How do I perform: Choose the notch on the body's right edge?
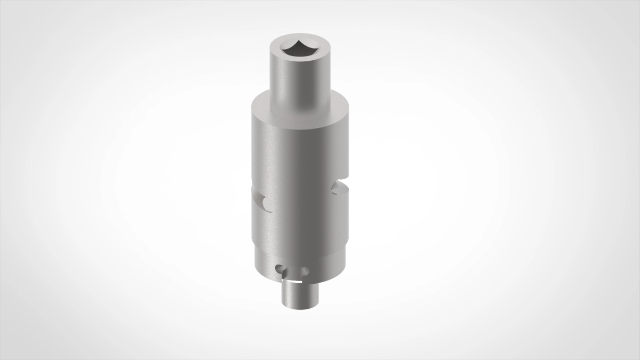339,187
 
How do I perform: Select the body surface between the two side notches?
299,197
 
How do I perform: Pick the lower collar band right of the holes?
328,267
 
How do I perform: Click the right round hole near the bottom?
304,271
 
